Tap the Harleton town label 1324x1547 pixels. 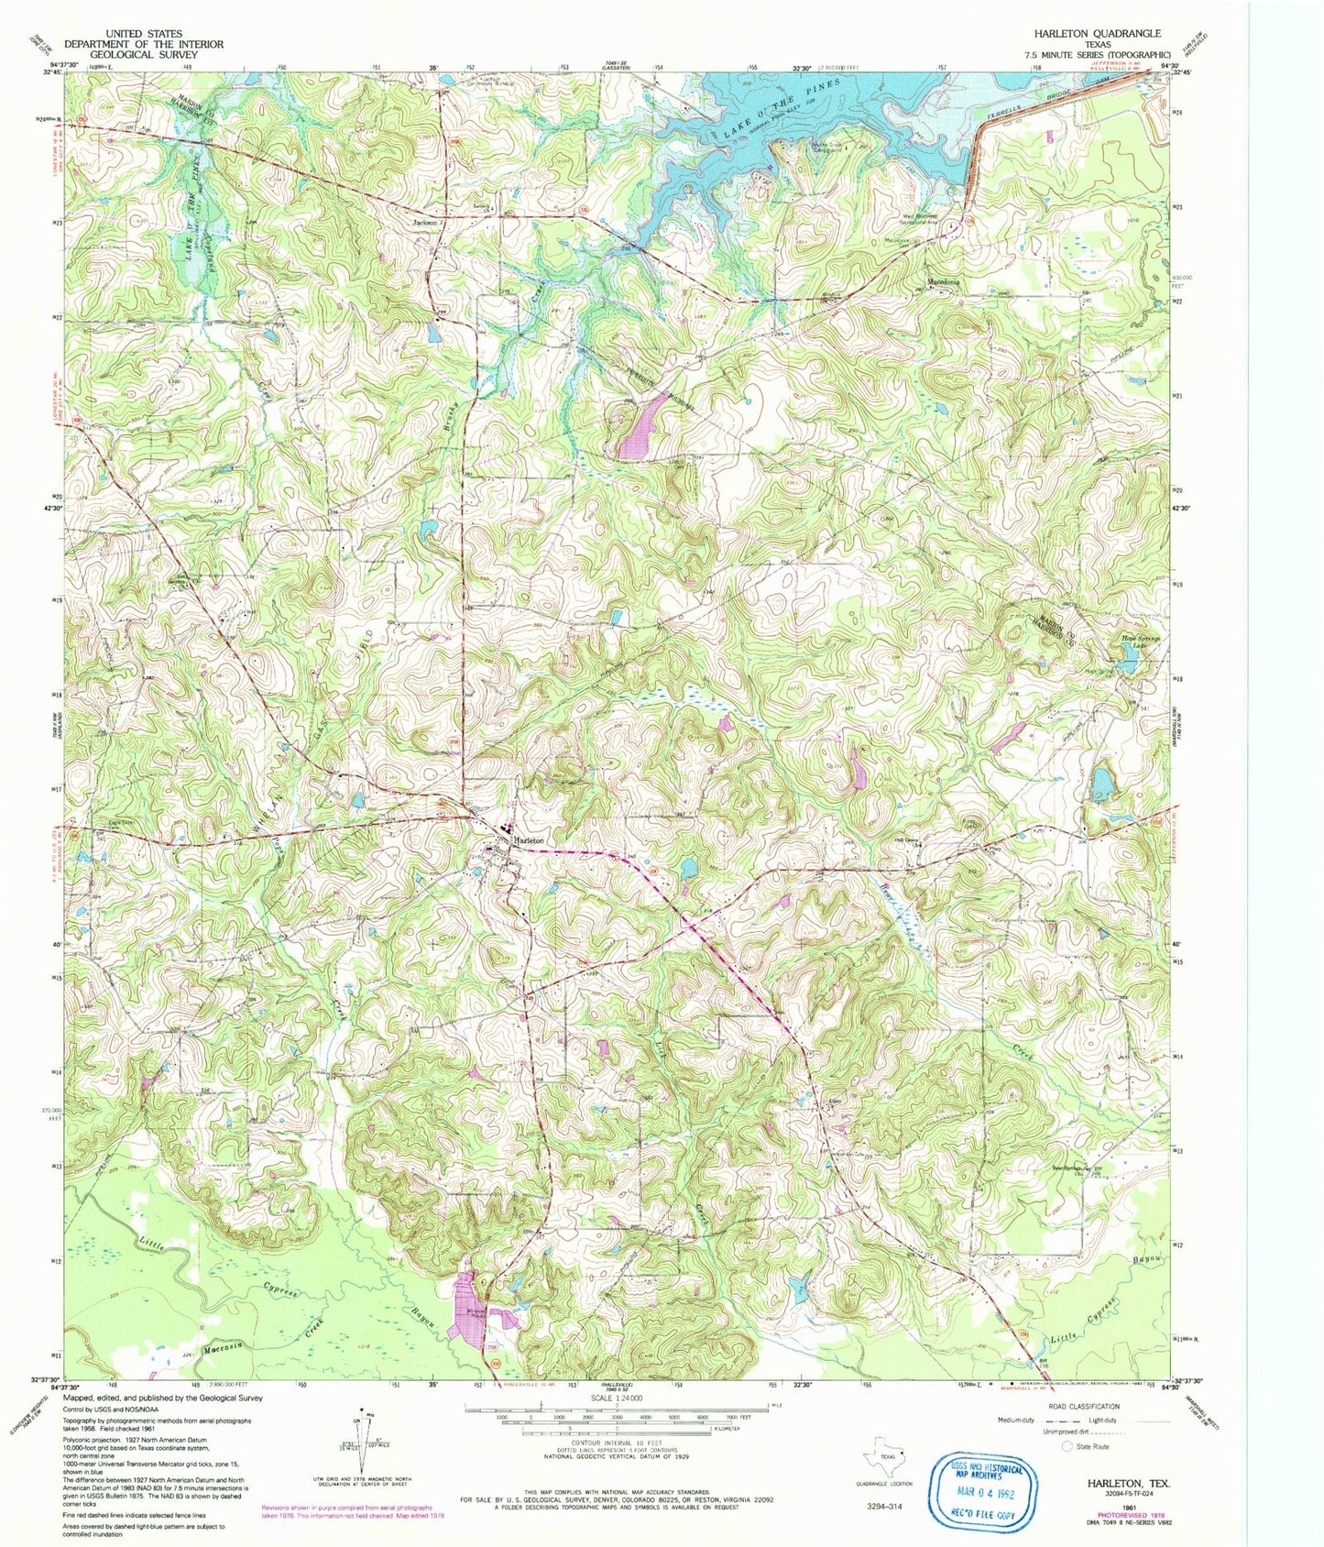click(x=530, y=839)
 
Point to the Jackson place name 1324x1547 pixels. click(x=424, y=222)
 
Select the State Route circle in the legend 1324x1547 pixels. click(x=1067, y=1446)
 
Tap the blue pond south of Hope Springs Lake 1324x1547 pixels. click(x=1103, y=784)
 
